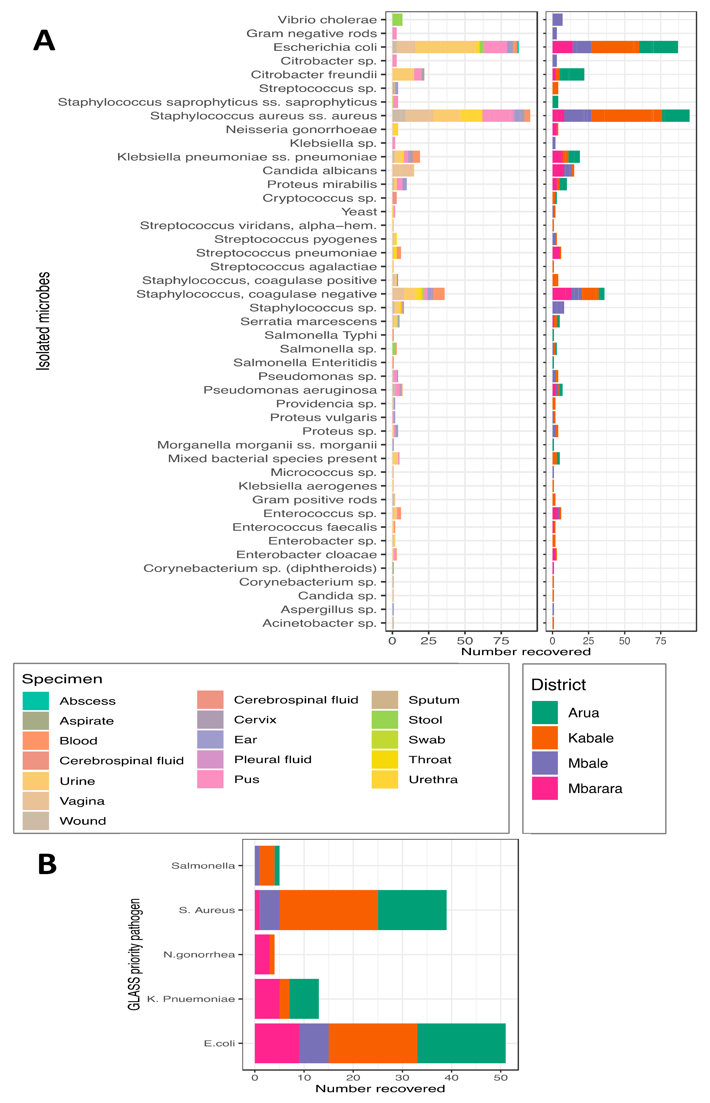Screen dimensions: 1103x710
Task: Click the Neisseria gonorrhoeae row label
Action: [301, 130]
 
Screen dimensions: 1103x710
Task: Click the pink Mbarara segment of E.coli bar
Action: [277, 1043]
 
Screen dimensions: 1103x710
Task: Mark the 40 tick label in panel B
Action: [451, 1078]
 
